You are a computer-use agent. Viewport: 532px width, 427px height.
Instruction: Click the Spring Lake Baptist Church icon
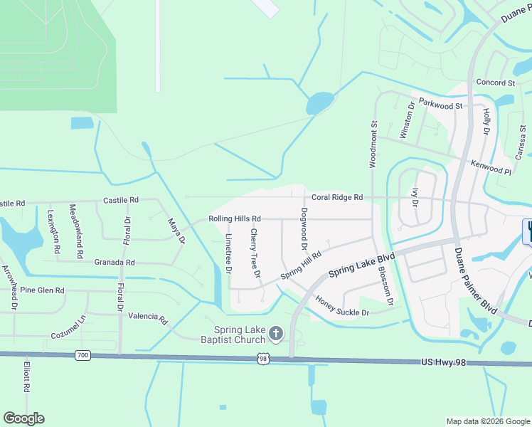coord(275,333)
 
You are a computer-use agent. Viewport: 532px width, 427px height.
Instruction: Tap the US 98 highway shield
coord(263,359)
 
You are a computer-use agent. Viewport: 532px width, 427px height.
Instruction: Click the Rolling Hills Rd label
coord(235,218)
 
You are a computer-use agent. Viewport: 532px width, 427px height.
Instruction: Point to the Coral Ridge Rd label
coord(337,197)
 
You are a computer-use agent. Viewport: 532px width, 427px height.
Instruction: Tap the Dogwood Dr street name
coord(304,228)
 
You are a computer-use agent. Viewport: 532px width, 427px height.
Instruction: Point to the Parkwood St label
coord(440,105)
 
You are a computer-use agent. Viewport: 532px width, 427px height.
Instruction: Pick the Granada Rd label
coord(115,263)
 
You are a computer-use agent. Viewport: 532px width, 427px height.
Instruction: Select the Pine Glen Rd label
coord(42,290)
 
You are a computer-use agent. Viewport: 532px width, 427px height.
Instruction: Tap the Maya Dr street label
coord(176,232)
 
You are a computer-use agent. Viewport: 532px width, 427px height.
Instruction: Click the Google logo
coord(24,418)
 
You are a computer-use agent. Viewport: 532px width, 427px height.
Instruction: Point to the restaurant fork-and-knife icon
coord(528,231)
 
